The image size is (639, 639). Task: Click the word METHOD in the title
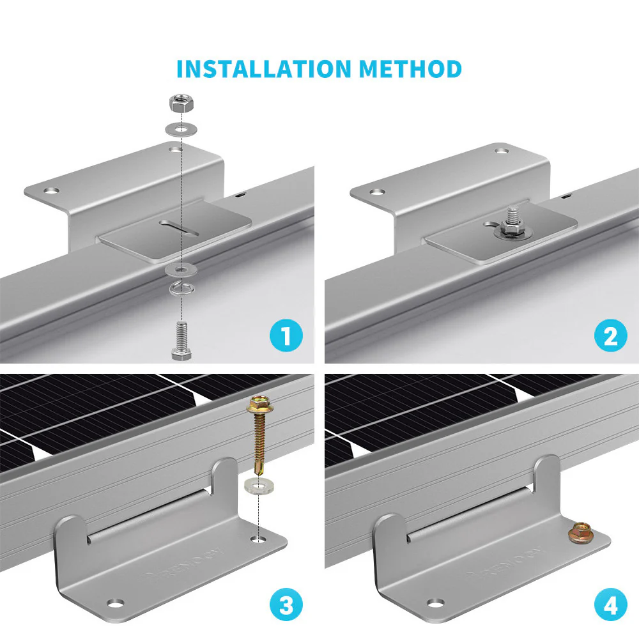coord(410,68)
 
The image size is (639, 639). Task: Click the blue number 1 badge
coord(286,335)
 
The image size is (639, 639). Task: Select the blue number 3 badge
coord(286,604)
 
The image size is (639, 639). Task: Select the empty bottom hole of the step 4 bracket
coord(436,603)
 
